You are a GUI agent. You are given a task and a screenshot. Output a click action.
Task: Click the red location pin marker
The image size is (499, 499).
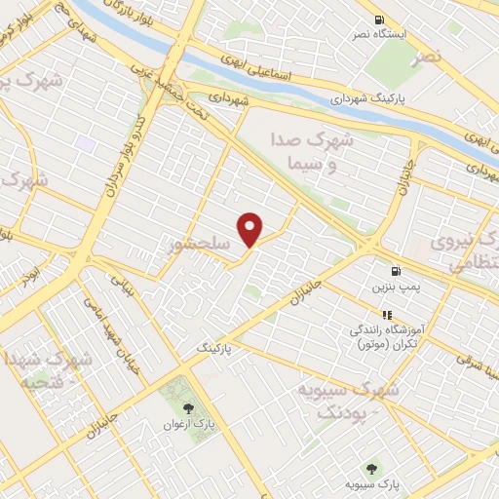click(251, 228)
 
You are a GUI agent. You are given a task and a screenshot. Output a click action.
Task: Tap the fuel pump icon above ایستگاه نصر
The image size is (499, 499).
click(379, 19)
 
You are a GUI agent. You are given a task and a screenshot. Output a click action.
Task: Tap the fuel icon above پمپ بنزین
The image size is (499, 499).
click(395, 271)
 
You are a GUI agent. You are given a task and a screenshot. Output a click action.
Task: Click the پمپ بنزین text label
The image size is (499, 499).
click(395, 288)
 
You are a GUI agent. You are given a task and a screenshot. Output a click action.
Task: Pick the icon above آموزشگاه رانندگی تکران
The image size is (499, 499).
click(386, 315)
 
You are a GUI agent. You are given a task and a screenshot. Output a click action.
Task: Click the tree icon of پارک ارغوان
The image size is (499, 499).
click(189, 408)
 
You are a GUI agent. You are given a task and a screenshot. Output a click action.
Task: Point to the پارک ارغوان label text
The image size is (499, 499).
click(188, 426)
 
